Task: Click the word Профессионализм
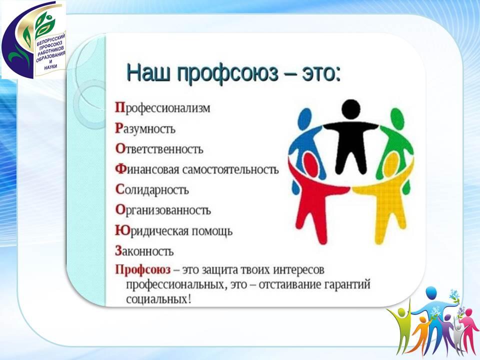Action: [x=162, y=108]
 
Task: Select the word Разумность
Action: [x=145, y=128]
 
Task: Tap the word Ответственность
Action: [x=159, y=149]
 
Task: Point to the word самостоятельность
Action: [x=230, y=169]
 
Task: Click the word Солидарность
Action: [x=152, y=190]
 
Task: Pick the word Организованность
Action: [x=163, y=210]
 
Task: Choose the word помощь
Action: [x=212, y=231]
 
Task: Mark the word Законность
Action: [x=144, y=251]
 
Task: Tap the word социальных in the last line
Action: [x=159, y=299]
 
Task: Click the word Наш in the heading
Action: [x=148, y=74]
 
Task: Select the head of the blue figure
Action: [x=305, y=119]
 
